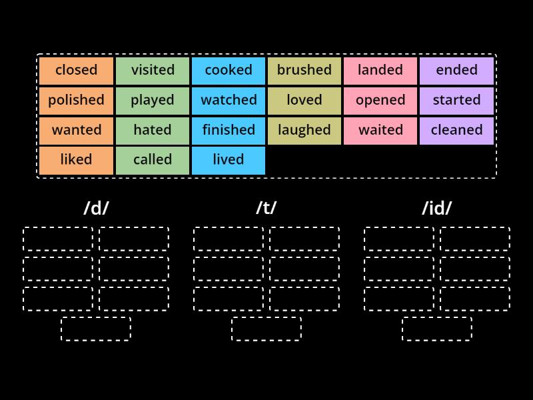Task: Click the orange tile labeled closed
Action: click(x=76, y=70)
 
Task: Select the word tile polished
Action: click(x=76, y=100)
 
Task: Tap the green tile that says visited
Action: click(x=153, y=70)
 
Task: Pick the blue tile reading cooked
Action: click(x=229, y=70)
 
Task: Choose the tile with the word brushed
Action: click(x=304, y=70)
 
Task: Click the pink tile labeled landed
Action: click(x=380, y=70)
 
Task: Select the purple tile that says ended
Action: click(x=456, y=70)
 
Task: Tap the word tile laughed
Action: click(x=304, y=130)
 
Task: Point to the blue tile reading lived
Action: click(x=229, y=160)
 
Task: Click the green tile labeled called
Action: click(x=153, y=160)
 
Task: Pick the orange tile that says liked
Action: click(x=76, y=160)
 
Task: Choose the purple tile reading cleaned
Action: click(x=456, y=130)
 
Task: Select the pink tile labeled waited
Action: click(x=380, y=130)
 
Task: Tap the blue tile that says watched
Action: click(x=229, y=100)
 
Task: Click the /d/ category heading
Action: click(x=96, y=208)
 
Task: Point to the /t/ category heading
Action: click(x=266, y=208)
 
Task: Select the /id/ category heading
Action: click(x=437, y=208)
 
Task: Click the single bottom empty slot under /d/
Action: click(x=96, y=329)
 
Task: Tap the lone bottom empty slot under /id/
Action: click(x=437, y=329)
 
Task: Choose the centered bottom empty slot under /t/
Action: click(x=266, y=329)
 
